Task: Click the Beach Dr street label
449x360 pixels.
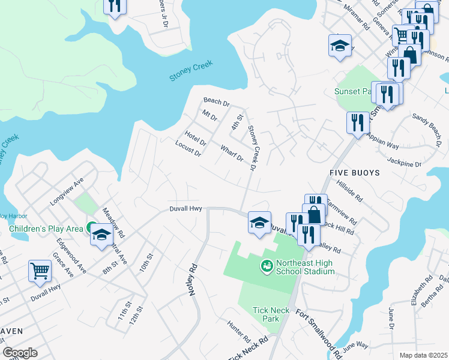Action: click(x=216, y=103)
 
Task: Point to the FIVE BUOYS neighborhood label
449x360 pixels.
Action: click(x=355, y=172)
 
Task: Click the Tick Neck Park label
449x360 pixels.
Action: click(x=266, y=314)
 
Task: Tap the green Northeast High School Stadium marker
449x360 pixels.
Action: click(x=266, y=265)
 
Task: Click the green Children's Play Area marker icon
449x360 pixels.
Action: click(x=90, y=228)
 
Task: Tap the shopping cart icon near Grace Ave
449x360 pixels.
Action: click(x=40, y=271)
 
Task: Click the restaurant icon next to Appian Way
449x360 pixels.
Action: click(x=358, y=122)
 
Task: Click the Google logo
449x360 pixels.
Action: click(x=19, y=353)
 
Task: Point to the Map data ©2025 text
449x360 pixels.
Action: click(x=423, y=355)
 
